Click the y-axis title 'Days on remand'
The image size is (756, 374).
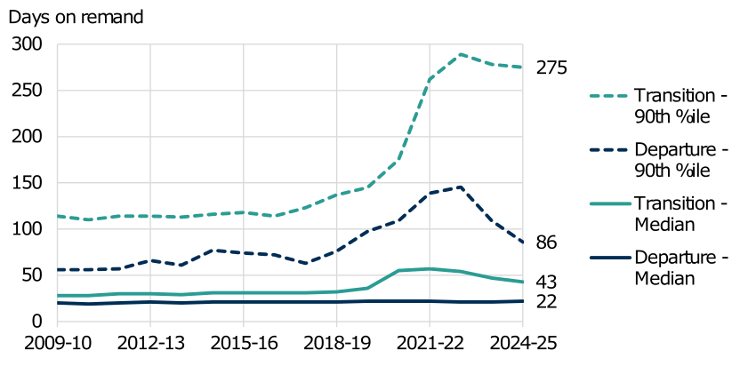point(76,17)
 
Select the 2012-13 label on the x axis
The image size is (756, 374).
point(149,343)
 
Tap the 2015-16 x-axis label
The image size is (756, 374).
point(243,343)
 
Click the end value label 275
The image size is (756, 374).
point(551,68)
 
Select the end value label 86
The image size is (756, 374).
point(546,242)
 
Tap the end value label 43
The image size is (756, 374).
point(546,282)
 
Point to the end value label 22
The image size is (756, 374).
point(546,302)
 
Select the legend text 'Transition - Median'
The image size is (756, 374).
point(680,214)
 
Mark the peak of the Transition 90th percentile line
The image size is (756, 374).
point(461,54)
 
